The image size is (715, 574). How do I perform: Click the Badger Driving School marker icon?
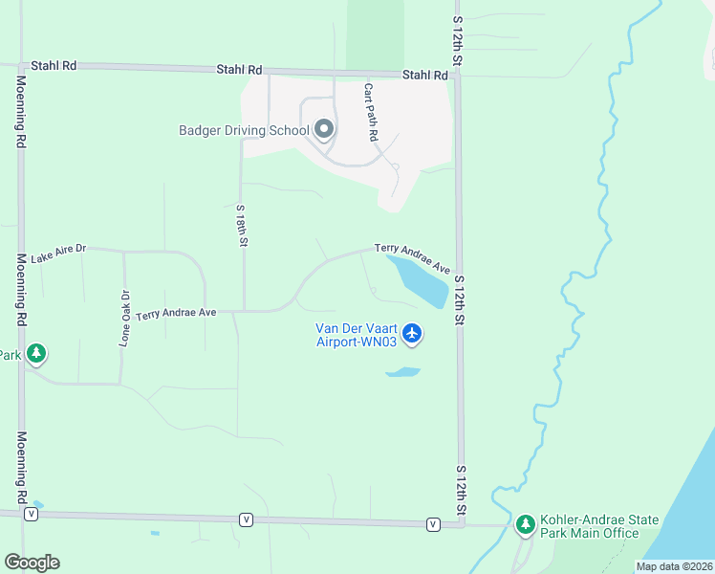pos(324,129)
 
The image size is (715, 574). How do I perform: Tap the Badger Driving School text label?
pos(245,130)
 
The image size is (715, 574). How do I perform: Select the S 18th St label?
pos(242,226)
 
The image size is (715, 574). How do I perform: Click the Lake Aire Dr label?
pos(58,254)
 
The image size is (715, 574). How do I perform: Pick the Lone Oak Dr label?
pos(124,318)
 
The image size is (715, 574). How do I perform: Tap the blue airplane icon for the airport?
pos(412,333)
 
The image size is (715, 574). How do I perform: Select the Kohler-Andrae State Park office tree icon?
pos(525,524)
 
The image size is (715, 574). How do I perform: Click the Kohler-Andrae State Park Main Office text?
pos(599,526)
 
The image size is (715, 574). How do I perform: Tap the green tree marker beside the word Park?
pos(36,354)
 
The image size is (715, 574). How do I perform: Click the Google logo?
pos(32,562)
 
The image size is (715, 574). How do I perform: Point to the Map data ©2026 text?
pos(674,566)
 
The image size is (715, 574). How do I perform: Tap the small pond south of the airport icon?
pos(403,371)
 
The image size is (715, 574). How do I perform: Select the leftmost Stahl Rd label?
pos(54,66)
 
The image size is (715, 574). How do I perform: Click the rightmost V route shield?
pos(433,523)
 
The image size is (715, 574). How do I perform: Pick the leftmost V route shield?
pos(32,514)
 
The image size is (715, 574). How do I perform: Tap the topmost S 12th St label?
pos(458,40)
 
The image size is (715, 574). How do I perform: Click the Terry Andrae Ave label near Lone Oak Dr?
pos(176,313)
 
